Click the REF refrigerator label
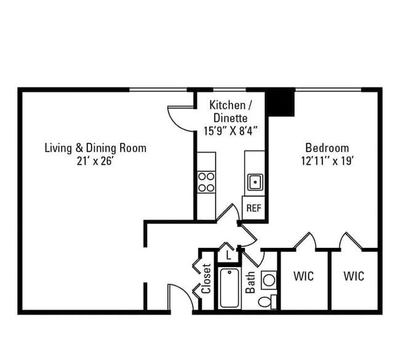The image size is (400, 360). (x=254, y=208)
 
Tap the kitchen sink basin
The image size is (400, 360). (x=255, y=182)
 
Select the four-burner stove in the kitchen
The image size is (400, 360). (x=206, y=182)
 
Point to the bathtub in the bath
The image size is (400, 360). (x=230, y=288)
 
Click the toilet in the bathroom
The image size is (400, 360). (x=267, y=302)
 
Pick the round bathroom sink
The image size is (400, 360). (x=269, y=280)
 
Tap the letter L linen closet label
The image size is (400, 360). (x=228, y=255)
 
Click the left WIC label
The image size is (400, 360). (x=303, y=276)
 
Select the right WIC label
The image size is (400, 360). (x=354, y=276)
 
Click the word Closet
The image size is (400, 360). (x=206, y=279)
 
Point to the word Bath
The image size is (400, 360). (x=250, y=282)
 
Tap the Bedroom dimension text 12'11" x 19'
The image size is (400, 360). (x=327, y=161)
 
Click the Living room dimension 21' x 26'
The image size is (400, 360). (x=95, y=161)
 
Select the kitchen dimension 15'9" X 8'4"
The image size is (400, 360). (x=230, y=131)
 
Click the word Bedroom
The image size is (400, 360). (x=327, y=148)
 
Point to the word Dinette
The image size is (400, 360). (x=230, y=118)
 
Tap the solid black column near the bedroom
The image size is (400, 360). (x=280, y=102)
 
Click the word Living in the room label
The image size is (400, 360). (x=58, y=148)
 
